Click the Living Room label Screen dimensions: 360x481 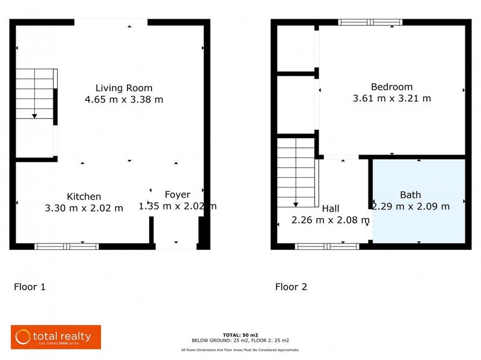coord(124,88)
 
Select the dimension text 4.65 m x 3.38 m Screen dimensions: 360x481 coord(124,99)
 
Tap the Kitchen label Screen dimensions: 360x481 coord(84,197)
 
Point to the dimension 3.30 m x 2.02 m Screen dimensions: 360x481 coord(84,208)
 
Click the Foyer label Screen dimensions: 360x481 coord(177,195)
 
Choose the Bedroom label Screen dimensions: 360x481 coord(391,87)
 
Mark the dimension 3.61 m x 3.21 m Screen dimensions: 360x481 coord(391,98)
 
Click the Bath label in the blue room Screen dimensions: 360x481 coord(411,195)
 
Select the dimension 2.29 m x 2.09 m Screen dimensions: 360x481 coord(411,206)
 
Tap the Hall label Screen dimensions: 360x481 coord(331,209)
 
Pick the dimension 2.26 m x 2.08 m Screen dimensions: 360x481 coord(330,220)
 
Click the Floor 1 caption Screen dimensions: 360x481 coord(29,287)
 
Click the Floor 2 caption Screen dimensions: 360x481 coord(291,287)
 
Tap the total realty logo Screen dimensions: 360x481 coord(55,337)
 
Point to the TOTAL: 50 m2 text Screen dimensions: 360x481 coord(240,334)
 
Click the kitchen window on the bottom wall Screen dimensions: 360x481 coord(66,246)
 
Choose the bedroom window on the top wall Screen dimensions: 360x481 coord(370,22)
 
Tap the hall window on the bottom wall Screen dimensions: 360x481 coord(327,246)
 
